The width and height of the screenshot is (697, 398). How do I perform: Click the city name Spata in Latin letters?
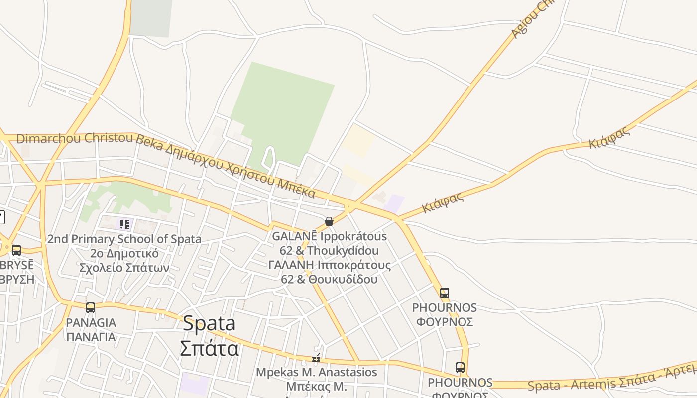[209, 324]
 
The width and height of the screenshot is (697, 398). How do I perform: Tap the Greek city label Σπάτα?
[209, 348]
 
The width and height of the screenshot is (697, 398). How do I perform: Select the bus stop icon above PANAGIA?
[90, 308]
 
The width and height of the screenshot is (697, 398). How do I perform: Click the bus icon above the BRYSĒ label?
[16, 250]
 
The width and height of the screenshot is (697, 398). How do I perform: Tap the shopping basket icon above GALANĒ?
[329, 221]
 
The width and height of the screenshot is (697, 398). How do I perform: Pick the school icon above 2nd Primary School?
[124, 224]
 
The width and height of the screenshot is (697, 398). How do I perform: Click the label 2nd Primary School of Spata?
[124, 239]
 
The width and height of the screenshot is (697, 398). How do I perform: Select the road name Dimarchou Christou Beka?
[75, 138]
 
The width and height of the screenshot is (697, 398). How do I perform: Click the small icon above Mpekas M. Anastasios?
[316, 358]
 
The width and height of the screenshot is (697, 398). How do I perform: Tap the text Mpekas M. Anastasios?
[317, 372]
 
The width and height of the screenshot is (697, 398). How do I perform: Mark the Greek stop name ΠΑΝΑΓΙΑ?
[91, 337]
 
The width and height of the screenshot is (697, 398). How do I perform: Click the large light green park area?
[281, 109]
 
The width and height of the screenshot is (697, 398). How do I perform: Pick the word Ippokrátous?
[353, 236]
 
